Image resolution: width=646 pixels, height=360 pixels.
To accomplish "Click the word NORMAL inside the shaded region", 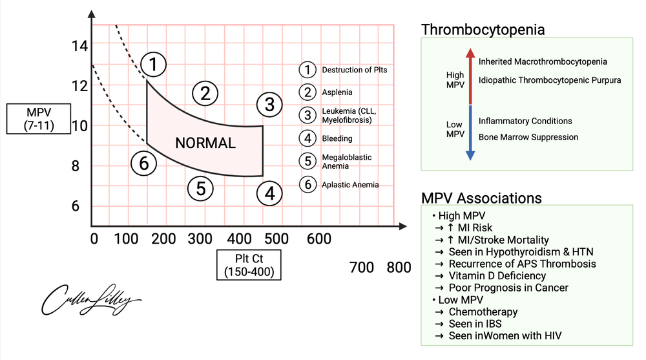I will [x=205, y=143].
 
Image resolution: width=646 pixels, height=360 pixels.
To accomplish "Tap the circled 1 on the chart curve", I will [x=153, y=63].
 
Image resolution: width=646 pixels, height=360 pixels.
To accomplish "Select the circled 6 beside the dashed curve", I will [x=143, y=164].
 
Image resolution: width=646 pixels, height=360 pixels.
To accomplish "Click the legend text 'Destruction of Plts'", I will [x=355, y=70].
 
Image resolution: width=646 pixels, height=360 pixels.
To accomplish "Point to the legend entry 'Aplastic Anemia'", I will [x=350, y=185].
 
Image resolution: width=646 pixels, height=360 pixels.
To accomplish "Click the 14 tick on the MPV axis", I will [x=79, y=46].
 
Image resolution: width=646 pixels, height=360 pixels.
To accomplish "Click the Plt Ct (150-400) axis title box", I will [x=249, y=265].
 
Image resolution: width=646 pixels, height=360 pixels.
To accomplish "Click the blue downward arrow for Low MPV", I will [x=470, y=136].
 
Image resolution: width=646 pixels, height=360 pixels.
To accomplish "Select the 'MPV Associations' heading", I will [x=481, y=198].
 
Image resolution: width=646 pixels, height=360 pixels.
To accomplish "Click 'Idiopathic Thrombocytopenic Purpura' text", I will [x=549, y=80].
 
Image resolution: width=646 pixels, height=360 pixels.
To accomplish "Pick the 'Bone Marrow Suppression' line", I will [x=528, y=137].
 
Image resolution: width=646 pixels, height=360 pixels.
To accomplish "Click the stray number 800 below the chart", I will [x=398, y=266].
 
